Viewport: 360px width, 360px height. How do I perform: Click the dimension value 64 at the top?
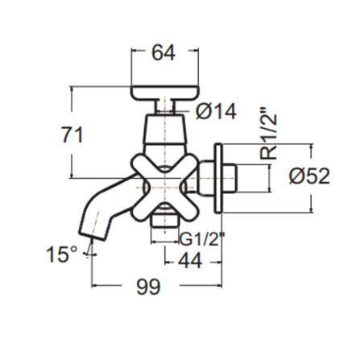(164, 53)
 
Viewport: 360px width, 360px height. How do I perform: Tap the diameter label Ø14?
(215, 112)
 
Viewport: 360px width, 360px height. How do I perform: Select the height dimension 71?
(72, 134)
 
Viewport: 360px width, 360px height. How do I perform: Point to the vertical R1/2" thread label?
(271, 132)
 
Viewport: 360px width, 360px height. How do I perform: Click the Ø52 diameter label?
(308, 176)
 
